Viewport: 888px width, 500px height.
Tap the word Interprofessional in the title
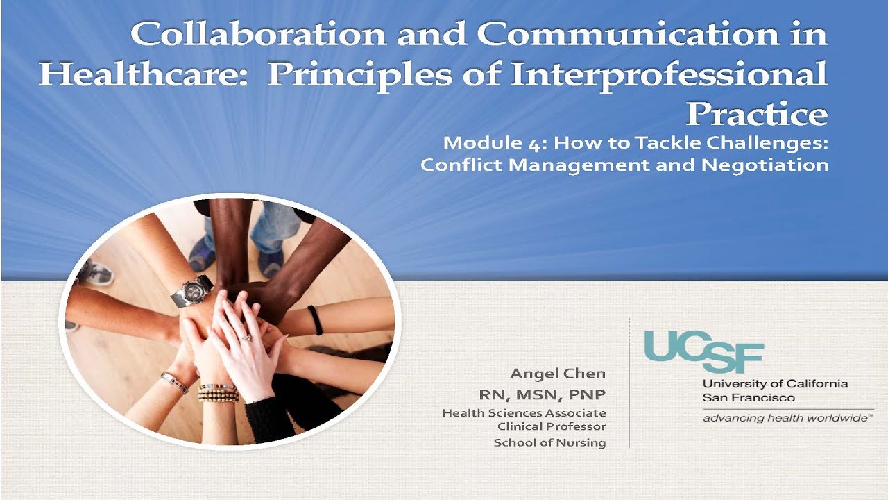(x=670, y=74)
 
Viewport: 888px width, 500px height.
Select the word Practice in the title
(x=757, y=113)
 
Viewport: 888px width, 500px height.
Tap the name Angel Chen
(x=558, y=374)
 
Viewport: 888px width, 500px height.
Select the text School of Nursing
(x=549, y=442)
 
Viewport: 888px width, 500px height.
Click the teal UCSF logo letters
(x=703, y=351)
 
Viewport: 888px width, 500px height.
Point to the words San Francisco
(x=749, y=398)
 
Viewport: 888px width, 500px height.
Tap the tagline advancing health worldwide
(x=785, y=418)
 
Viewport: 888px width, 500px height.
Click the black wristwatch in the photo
(x=193, y=290)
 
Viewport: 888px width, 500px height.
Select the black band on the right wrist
(x=316, y=319)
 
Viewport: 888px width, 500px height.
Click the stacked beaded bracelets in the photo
(x=219, y=392)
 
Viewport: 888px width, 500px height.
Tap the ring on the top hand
(x=245, y=337)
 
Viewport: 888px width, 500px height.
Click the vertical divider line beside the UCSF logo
(x=629, y=382)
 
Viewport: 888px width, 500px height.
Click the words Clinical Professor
(x=552, y=426)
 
